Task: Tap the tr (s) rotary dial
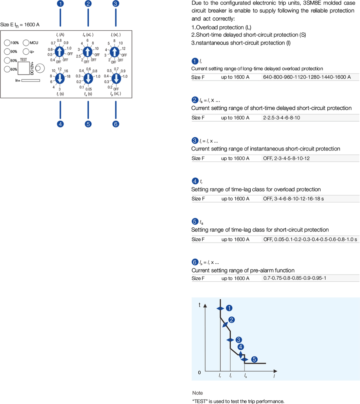pos(60,78)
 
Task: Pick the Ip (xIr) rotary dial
pos(116,78)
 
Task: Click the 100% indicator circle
pos(7,43)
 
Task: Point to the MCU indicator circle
pos(26,43)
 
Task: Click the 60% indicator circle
pos(7,69)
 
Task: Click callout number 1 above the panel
pos(60,4)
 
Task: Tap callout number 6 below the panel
pos(116,124)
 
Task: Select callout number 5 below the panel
pos(88,124)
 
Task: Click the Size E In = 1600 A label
pos(20,25)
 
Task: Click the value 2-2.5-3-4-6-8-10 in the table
pos(281,118)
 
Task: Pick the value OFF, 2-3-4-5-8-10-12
pos(286,158)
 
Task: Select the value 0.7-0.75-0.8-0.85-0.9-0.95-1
pos(294,278)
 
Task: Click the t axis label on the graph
pos(200,305)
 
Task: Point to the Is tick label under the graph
pos(245,376)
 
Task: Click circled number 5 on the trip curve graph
pos(254,359)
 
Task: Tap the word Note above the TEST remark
pos(197,393)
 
